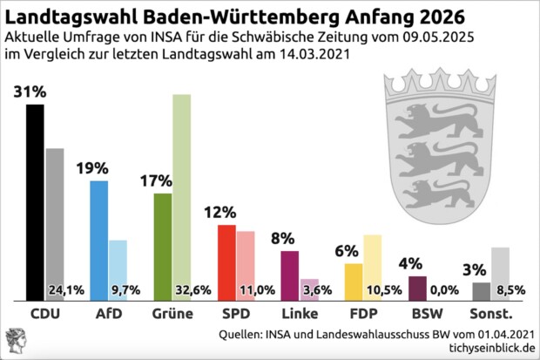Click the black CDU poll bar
pos(35,200)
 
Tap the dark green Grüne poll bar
pos(162,245)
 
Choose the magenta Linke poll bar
pos(290,275)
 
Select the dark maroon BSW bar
pos(417,287)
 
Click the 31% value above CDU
pos(29,92)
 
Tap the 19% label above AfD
pos(92,167)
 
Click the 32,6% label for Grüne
pos(192,289)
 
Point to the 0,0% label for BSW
pos(445,289)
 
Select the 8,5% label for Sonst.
pos(510,289)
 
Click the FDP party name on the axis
pos(363,313)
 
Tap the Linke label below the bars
pos(300,313)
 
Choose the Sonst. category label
pos(490,313)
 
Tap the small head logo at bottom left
pos(17,341)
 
